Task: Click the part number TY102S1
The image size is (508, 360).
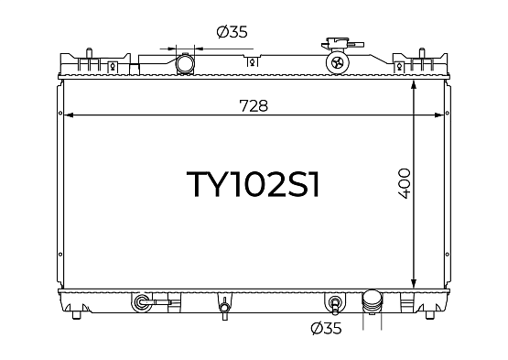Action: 254,184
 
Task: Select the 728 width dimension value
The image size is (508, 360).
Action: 254,105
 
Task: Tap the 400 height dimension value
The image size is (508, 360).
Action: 404,183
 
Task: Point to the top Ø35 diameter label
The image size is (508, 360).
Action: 232,32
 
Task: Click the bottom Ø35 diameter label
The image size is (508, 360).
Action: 326,328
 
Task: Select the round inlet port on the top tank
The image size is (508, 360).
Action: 185,63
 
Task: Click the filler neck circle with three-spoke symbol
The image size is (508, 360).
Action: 338,62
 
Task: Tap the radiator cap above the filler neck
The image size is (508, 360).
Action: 342,44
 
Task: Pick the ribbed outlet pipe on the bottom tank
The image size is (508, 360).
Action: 372,302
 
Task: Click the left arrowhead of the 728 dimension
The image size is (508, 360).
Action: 69,115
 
